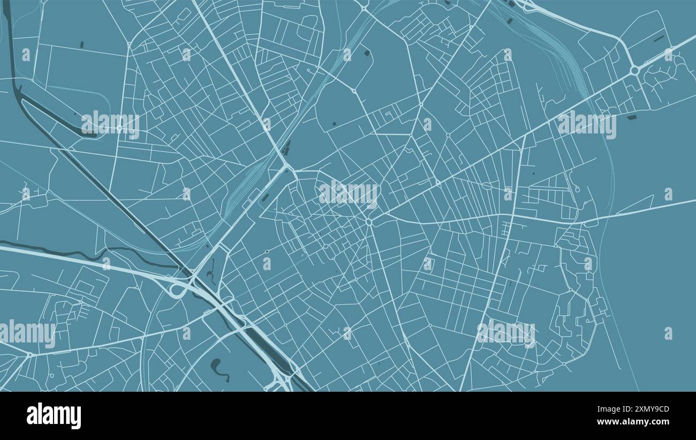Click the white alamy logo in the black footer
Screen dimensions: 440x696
pos(54,416)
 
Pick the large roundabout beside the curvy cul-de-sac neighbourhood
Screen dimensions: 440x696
pos(634,70)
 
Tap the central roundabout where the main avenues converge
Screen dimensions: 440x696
pos(369,221)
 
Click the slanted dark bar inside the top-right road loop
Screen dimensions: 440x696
pos(659,39)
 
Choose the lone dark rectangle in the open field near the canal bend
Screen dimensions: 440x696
pos(82,45)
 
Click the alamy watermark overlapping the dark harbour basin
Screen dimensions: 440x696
pos(110,124)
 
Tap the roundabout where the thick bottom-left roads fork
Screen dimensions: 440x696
pos(29,354)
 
